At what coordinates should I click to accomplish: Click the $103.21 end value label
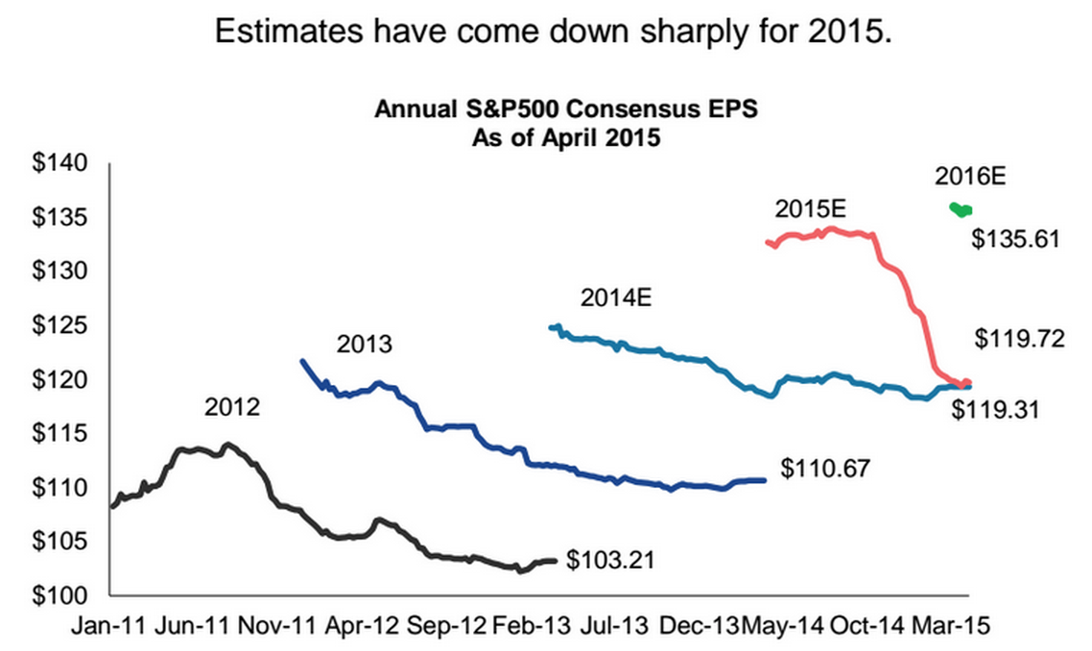tap(610, 559)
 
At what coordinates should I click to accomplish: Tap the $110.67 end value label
tap(825, 469)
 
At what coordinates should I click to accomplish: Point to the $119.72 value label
tap(1020, 338)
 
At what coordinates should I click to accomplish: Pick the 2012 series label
tap(232, 407)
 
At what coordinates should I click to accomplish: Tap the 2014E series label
tap(616, 298)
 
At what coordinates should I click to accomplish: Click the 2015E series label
tap(812, 208)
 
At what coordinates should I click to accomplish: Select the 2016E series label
tap(968, 176)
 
